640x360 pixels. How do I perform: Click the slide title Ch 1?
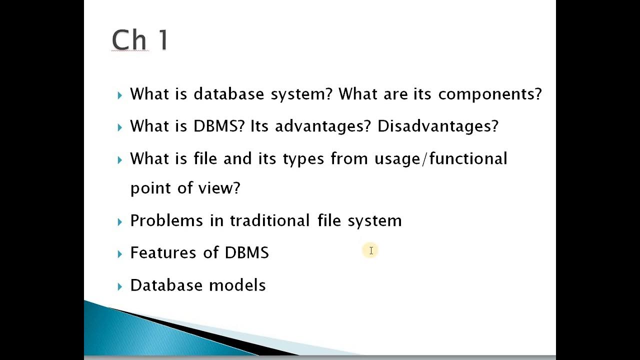(140, 40)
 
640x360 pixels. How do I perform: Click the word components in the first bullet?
(489, 94)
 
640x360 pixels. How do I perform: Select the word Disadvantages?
(437, 126)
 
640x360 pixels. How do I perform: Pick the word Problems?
(166, 220)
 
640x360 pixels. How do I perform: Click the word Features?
(163, 252)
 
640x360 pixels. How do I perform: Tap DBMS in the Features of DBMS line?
(246, 252)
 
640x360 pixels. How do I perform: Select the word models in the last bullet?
(237, 285)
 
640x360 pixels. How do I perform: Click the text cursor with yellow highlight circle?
(371, 250)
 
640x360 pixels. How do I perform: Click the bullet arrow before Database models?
(119, 286)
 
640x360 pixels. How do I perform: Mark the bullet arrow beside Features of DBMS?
(119, 253)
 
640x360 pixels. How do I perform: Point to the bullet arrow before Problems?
(119, 221)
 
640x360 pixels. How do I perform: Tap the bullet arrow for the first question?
(119, 95)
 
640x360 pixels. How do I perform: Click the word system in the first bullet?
(300, 94)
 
